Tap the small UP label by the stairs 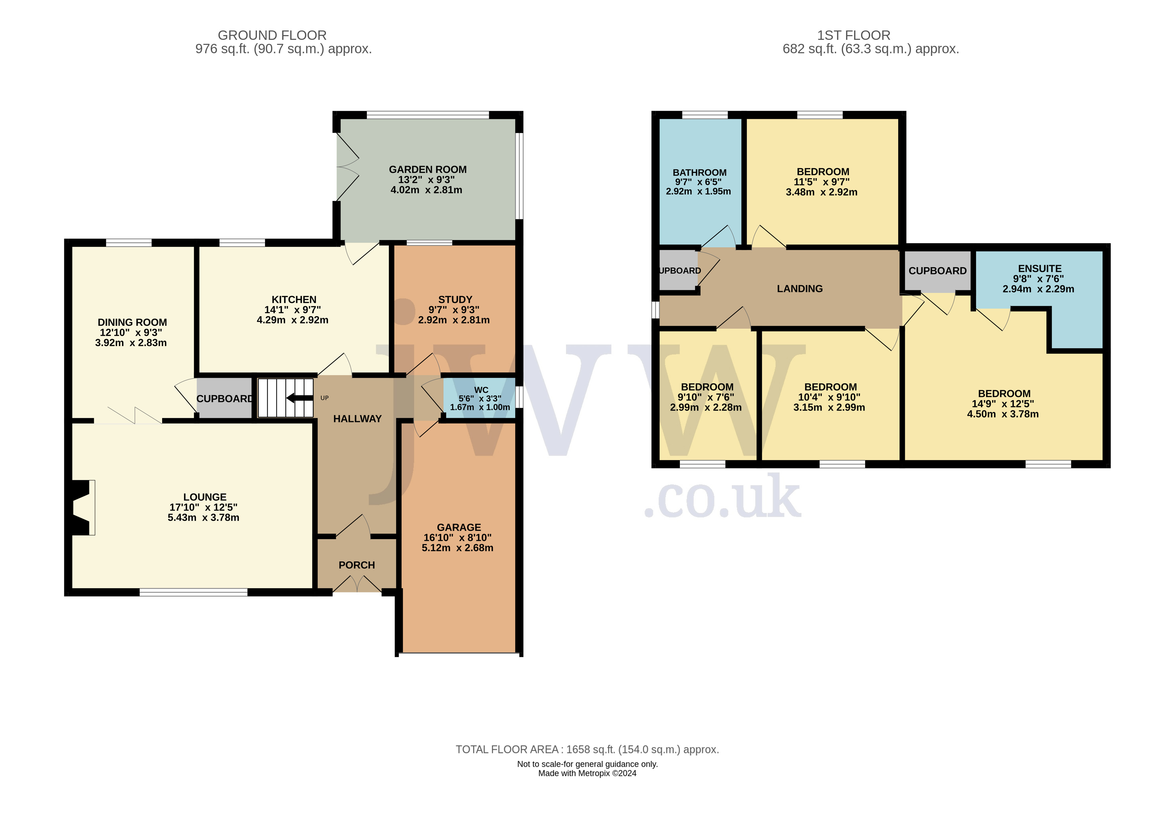pyautogui.click(x=324, y=398)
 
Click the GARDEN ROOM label pyautogui.click(x=428, y=169)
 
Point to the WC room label pyautogui.click(x=481, y=390)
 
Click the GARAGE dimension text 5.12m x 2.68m pyautogui.click(x=458, y=548)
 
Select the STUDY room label pyautogui.click(x=455, y=300)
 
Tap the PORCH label pyautogui.click(x=356, y=565)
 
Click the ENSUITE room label pyautogui.click(x=1040, y=269)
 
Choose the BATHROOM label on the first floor pyautogui.click(x=699, y=172)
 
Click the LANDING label pyautogui.click(x=799, y=289)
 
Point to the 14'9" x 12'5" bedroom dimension pyautogui.click(x=1003, y=404)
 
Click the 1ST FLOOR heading pyautogui.click(x=854, y=35)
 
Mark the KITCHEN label pyautogui.click(x=294, y=300)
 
